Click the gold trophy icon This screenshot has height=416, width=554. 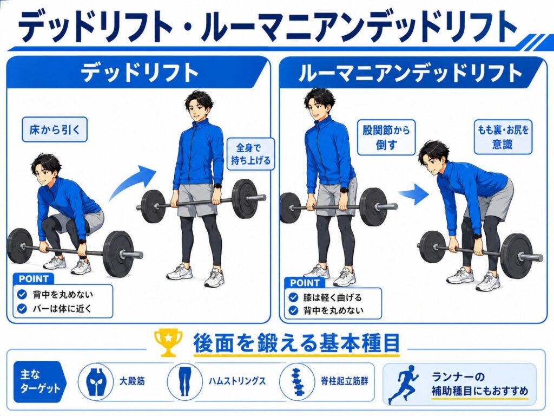click(x=169, y=342)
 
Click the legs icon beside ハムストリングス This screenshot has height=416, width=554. click(x=184, y=381)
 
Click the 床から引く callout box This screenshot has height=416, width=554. click(x=55, y=129)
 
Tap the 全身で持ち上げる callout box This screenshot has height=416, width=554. click(x=250, y=154)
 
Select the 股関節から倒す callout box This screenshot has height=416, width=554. click(x=386, y=138)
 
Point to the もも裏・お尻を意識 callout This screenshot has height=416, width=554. click(x=503, y=137)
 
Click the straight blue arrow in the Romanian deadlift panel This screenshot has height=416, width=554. click(x=414, y=194)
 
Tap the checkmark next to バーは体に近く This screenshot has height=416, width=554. click(x=22, y=308)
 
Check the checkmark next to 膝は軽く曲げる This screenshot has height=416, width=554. click(x=293, y=297)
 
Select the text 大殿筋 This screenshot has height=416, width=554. click(x=132, y=381)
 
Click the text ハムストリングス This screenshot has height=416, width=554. click(x=237, y=381)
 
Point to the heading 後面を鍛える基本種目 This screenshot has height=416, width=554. click(x=296, y=343)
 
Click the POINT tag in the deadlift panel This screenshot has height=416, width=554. click(x=33, y=279)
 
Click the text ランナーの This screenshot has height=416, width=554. click(x=458, y=376)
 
